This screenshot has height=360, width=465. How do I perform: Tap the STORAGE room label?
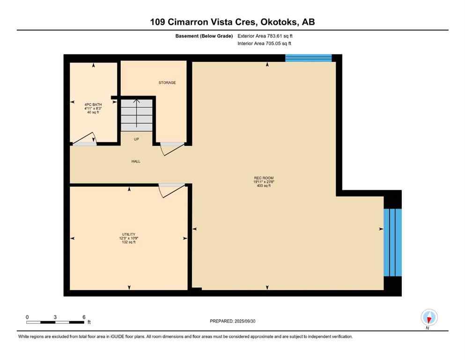coord(167,82)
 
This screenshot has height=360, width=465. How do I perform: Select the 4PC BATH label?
coord(93,105)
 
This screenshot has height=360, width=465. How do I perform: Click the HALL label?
coord(135,161)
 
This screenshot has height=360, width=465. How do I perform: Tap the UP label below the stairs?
coord(136,139)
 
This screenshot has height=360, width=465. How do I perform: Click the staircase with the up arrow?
coord(137,114)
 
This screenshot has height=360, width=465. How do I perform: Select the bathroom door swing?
coord(84,139)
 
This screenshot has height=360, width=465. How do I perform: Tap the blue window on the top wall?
coord(308,58)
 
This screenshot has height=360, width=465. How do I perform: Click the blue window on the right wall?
coord(392,242)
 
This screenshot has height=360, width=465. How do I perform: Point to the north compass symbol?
coord(428,318)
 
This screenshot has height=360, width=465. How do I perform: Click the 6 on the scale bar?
coord(83,317)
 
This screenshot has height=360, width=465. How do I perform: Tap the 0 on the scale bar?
coord(27,317)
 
